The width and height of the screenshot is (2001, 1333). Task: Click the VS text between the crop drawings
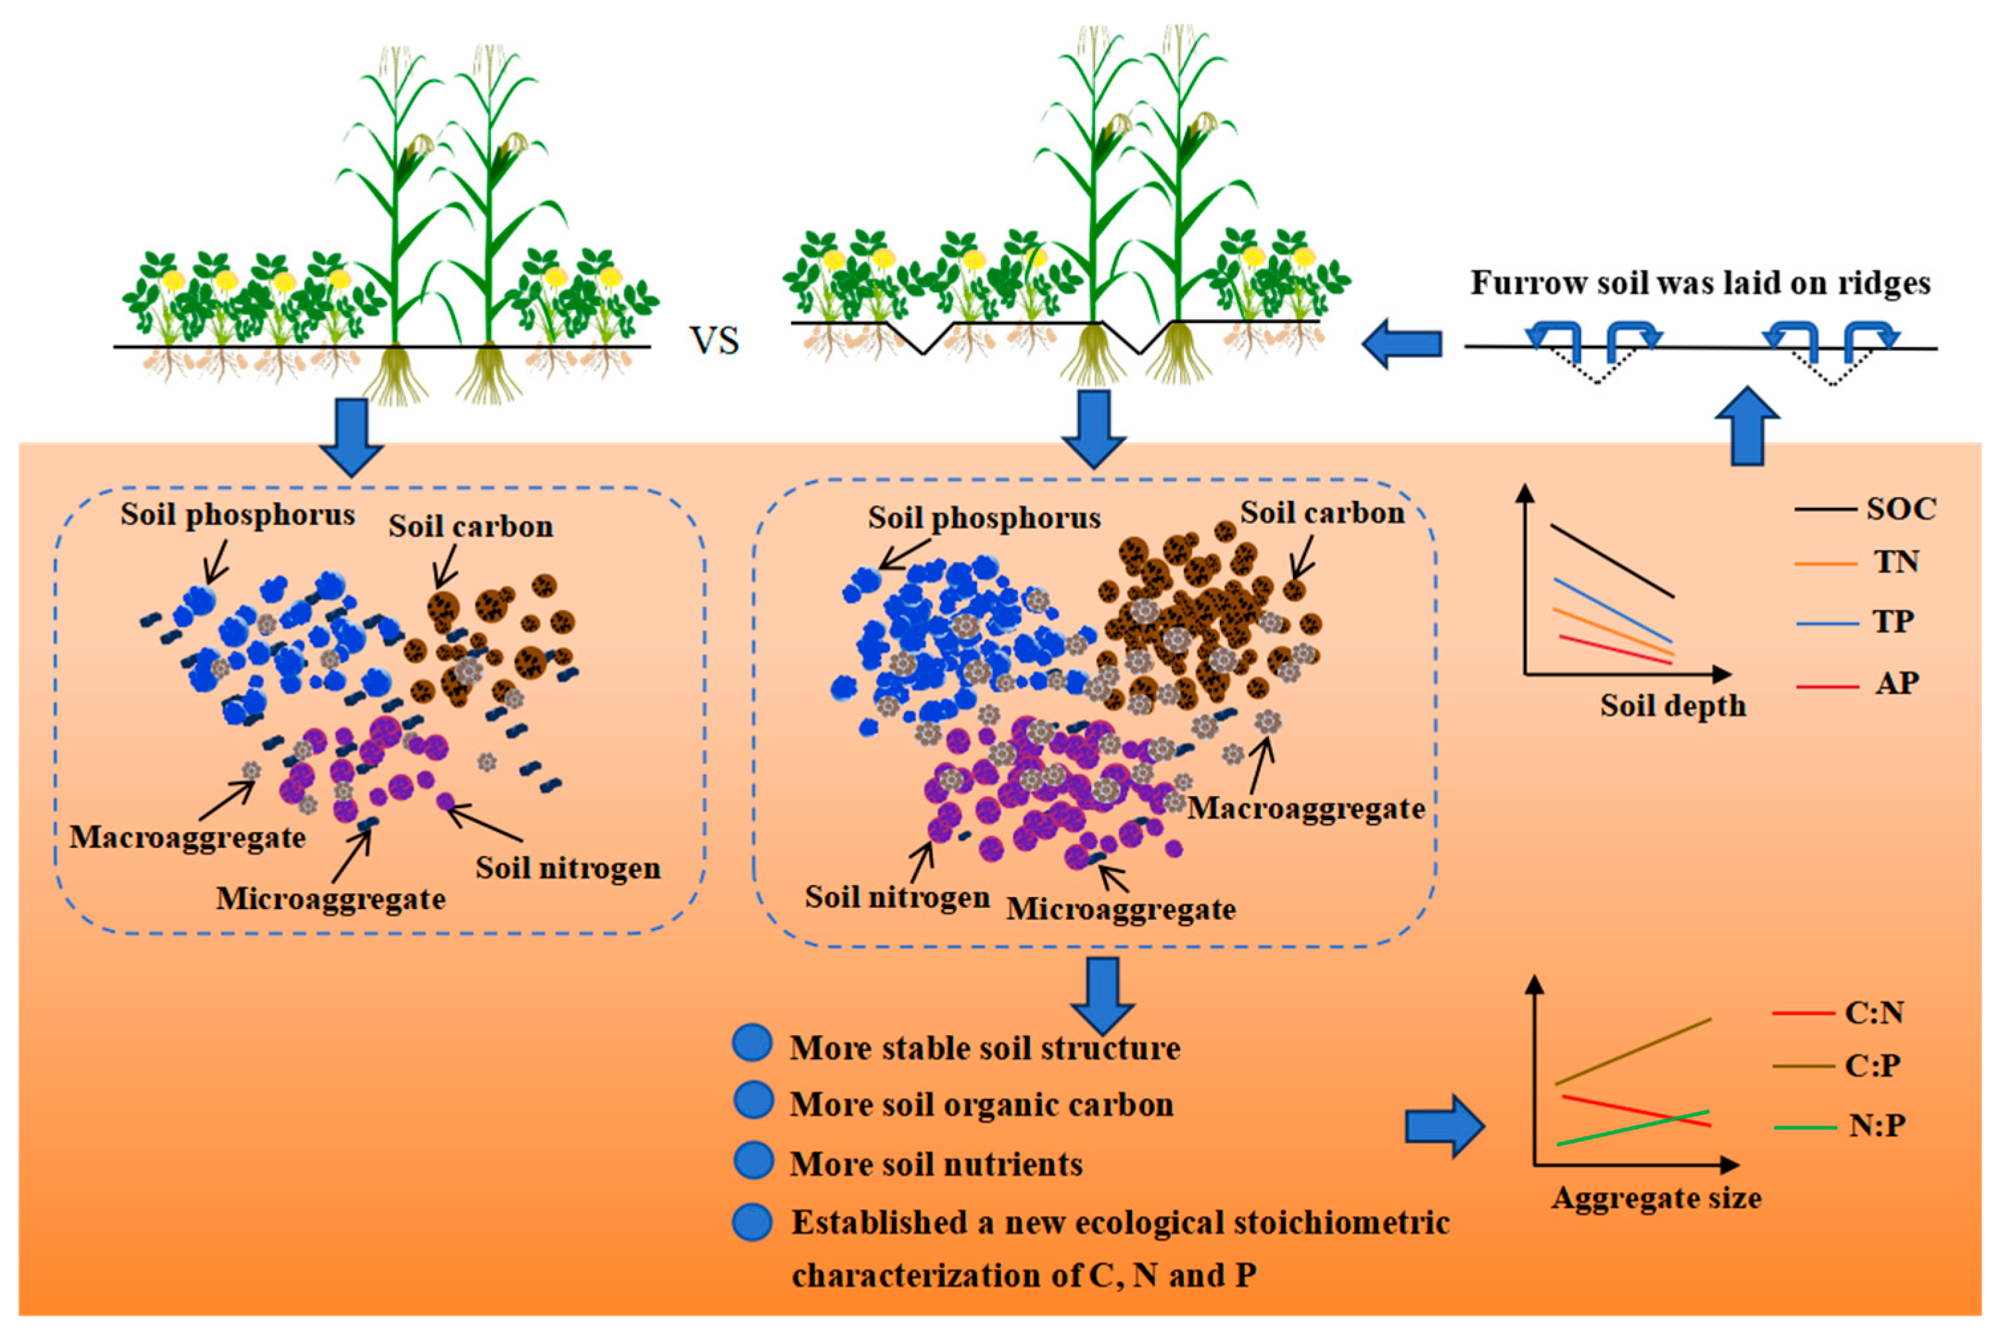[x=714, y=341]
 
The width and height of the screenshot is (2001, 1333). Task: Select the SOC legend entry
[x=1901, y=508]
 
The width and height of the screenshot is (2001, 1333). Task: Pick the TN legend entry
[x=1895, y=562]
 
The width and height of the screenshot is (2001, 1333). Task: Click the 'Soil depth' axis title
[x=1672, y=705]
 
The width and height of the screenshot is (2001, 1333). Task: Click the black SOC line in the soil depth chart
[x=1611, y=561]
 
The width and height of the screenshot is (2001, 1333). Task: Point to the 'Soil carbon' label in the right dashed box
[x=1321, y=513]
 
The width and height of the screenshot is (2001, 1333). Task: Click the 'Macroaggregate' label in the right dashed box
[x=1305, y=808]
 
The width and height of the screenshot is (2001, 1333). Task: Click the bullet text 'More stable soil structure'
[x=984, y=1048]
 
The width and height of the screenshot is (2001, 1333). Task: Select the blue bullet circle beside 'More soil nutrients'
[x=753, y=1160]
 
